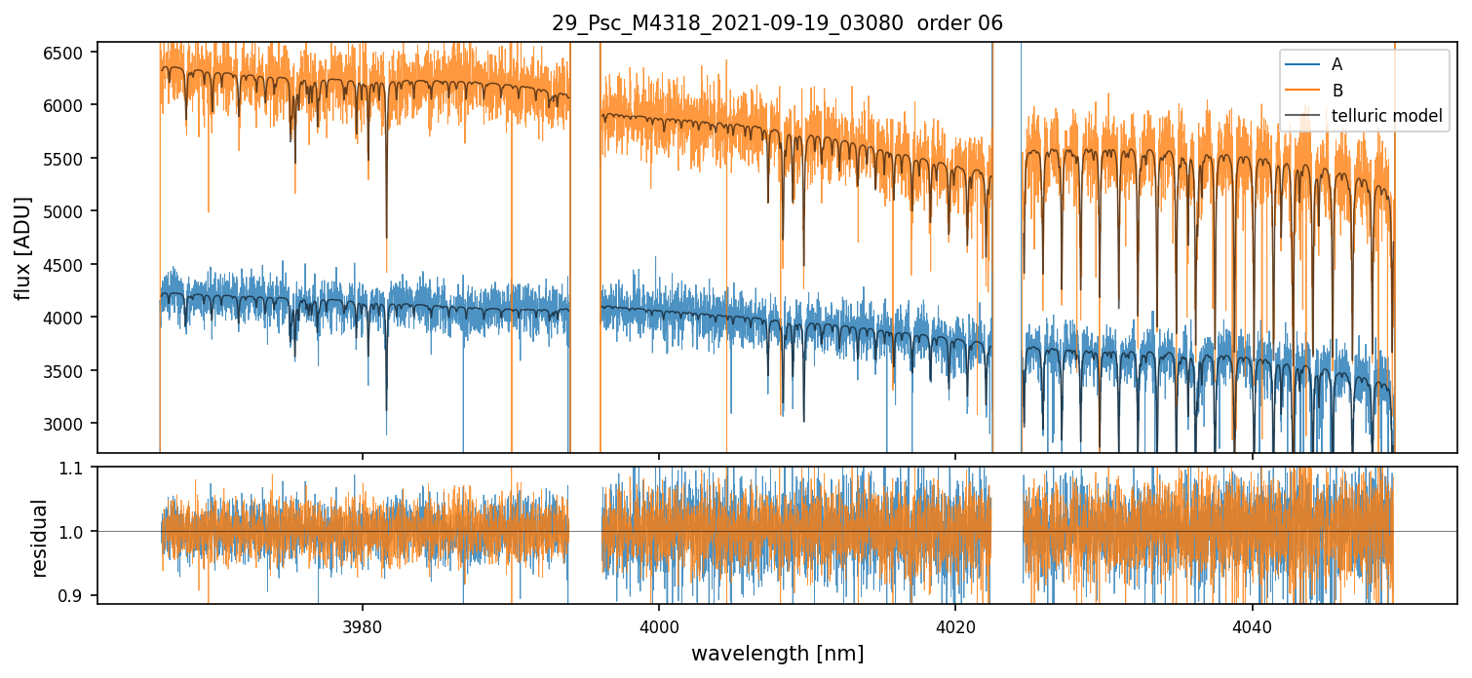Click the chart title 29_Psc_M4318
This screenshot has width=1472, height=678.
click(777, 23)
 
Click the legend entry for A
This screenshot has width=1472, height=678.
click(1336, 64)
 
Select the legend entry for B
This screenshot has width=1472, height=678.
click(1337, 91)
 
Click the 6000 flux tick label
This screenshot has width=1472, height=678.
click(66, 105)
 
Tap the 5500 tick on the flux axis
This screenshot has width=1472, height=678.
click(66, 158)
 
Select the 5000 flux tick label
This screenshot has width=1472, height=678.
click(66, 211)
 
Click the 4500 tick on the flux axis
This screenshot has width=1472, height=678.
click(66, 265)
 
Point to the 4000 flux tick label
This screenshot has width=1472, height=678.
click(66, 318)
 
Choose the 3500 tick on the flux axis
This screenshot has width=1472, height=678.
click(66, 371)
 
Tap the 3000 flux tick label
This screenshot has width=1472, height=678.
click(66, 424)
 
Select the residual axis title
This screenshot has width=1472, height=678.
click(39, 538)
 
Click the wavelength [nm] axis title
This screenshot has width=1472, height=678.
click(777, 653)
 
